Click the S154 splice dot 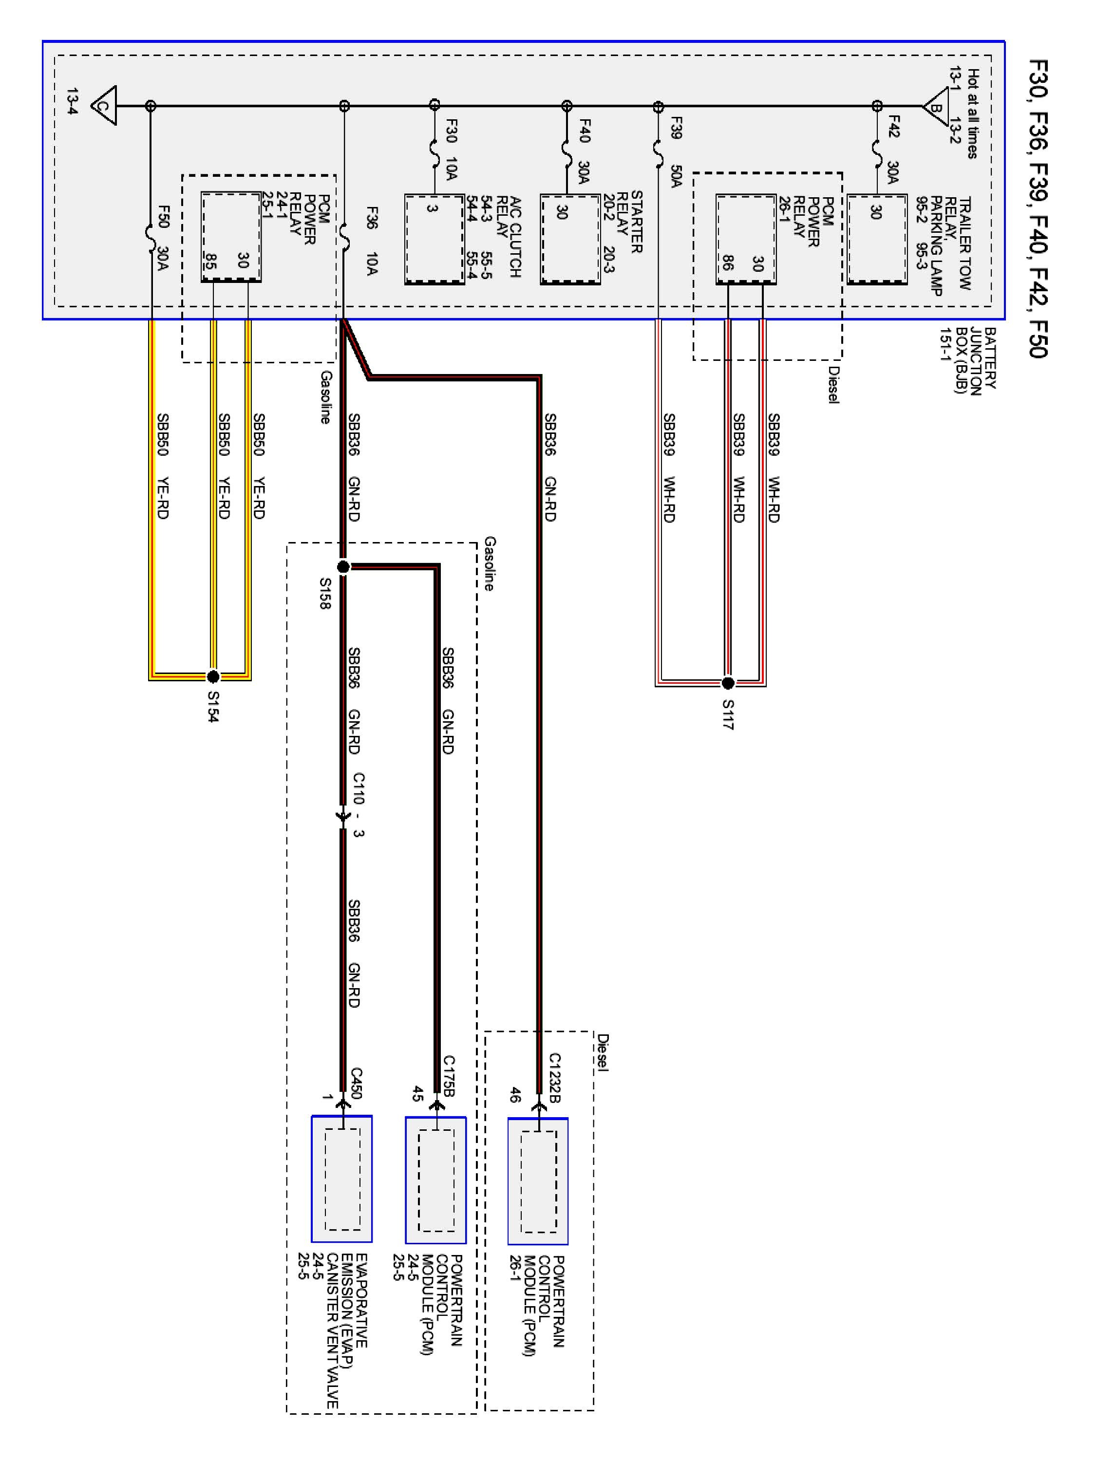[x=213, y=676]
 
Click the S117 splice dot [x=727, y=682]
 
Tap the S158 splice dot [x=343, y=567]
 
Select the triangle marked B [x=935, y=106]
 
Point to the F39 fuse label [x=676, y=128]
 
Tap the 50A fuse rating [x=676, y=176]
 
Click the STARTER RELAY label [x=629, y=221]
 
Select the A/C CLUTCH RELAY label [x=509, y=236]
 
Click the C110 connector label [x=358, y=788]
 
